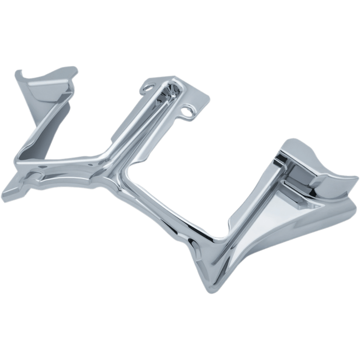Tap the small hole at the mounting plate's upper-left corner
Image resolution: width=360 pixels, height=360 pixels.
point(146,84)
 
